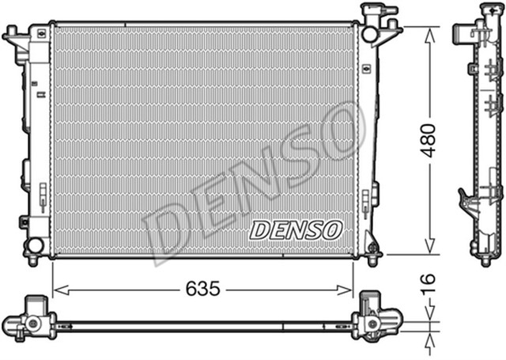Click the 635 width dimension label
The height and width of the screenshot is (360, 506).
tap(202, 290)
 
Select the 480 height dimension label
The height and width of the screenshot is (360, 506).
tap(428, 141)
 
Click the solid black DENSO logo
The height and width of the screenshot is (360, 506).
tap(296, 230)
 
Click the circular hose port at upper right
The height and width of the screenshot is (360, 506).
tap(370, 35)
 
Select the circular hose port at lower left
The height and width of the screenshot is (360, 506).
tap(33, 245)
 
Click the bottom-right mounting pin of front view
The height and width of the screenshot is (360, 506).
tap(372, 257)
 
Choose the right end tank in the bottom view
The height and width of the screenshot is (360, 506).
tap(375, 318)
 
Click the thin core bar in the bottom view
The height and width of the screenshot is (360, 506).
tap(202, 325)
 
